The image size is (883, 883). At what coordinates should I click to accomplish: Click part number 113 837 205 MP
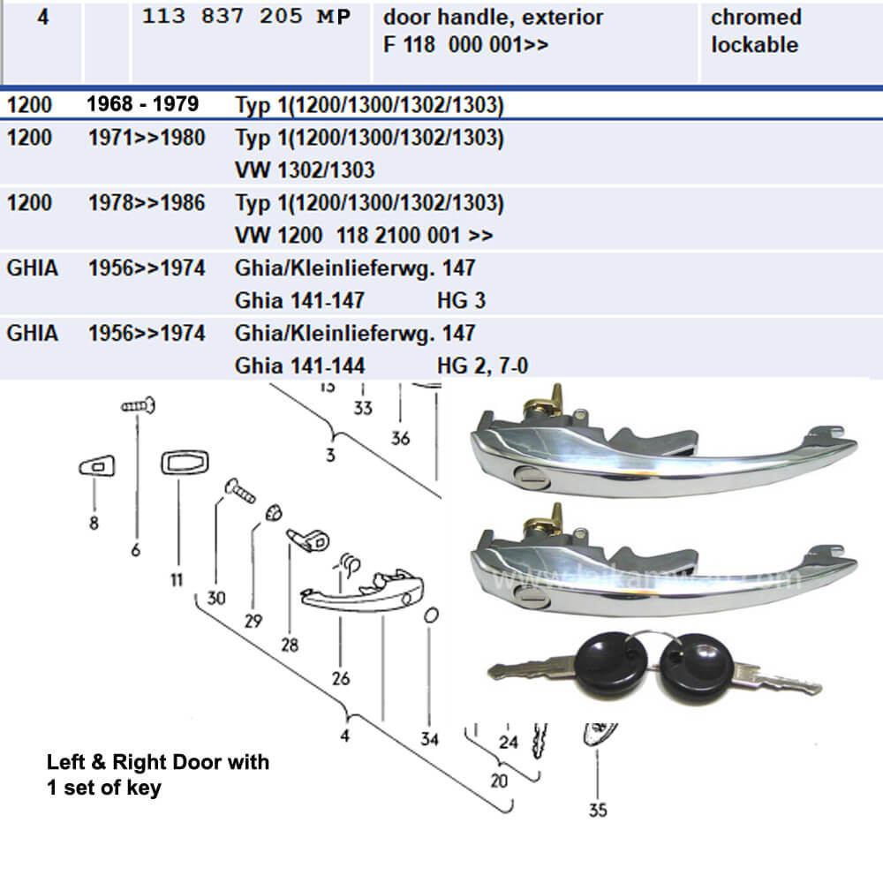246,17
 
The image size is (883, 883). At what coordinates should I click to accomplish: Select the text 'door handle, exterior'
494,17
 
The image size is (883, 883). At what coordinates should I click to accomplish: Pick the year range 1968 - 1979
142,104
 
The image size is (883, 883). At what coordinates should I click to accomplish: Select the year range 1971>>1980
147,137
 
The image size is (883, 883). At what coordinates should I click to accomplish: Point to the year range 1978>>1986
147,202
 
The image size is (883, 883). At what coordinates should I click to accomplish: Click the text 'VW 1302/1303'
305,170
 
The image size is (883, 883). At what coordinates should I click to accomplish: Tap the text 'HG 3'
461,300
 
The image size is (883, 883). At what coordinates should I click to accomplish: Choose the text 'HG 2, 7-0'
482,366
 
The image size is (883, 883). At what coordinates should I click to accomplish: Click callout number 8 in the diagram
94,522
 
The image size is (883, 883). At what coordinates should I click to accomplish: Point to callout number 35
597,809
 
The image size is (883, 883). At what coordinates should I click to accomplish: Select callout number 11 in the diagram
176,579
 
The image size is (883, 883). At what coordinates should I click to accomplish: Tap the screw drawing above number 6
140,407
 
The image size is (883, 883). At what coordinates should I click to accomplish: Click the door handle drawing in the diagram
362,593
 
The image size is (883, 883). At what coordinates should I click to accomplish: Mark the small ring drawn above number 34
430,615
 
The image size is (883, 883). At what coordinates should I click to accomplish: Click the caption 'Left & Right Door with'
158,762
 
